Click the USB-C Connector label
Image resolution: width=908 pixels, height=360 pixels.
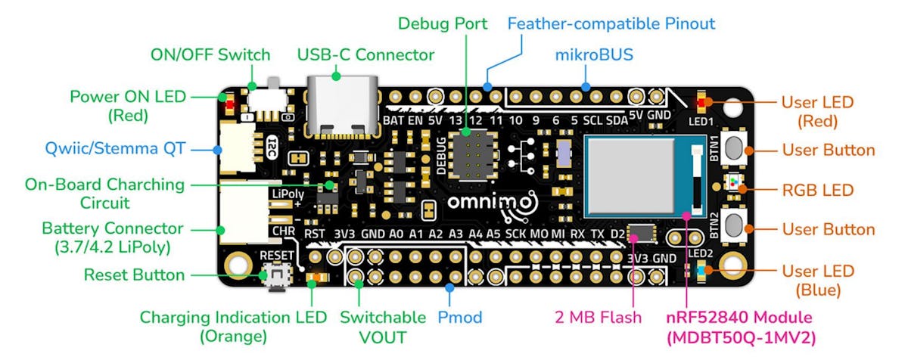(x=365, y=54)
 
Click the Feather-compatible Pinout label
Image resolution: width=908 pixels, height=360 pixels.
(x=611, y=23)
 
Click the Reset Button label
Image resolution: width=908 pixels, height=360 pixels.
(x=134, y=274)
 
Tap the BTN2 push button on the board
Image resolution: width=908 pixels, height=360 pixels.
(x=731, y=224)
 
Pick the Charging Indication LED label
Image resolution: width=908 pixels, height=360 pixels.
(x=232, y=327)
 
